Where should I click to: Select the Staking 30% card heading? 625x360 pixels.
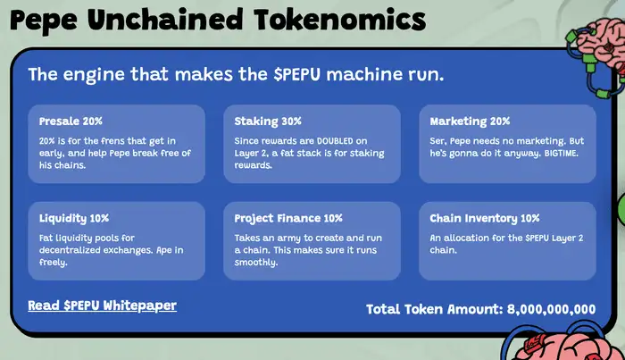268,121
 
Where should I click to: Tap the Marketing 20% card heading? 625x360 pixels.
470,121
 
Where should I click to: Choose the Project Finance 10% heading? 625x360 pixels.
288,218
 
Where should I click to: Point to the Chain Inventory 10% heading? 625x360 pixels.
485,218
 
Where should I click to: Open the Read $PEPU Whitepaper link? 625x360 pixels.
102,306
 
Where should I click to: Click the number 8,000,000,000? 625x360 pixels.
551,309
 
